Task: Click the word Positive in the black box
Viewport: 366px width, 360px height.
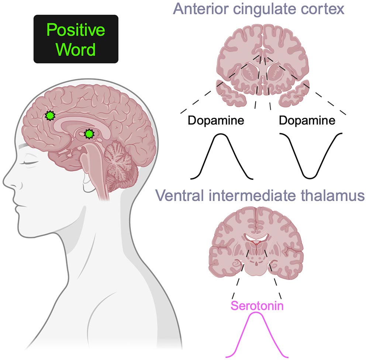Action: pyautogui.click(x=76, y=31)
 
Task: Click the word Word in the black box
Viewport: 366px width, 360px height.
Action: pyautogui.click(x=76, y=49)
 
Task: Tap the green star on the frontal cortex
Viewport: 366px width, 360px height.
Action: pyautogui.click(x=49, y=116)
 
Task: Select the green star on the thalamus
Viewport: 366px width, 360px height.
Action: pyautogui.click(x=88, y=134)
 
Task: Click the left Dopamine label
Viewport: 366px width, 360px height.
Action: pyautogui.click(x=216, y=121)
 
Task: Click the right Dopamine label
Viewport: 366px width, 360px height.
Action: pyautogui.click(x=307, y=121)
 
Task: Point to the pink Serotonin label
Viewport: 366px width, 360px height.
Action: pyautogui.click(x=257, y=305)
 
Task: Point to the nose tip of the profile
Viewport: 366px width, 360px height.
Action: pyautogui.click(x=4, y=183)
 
